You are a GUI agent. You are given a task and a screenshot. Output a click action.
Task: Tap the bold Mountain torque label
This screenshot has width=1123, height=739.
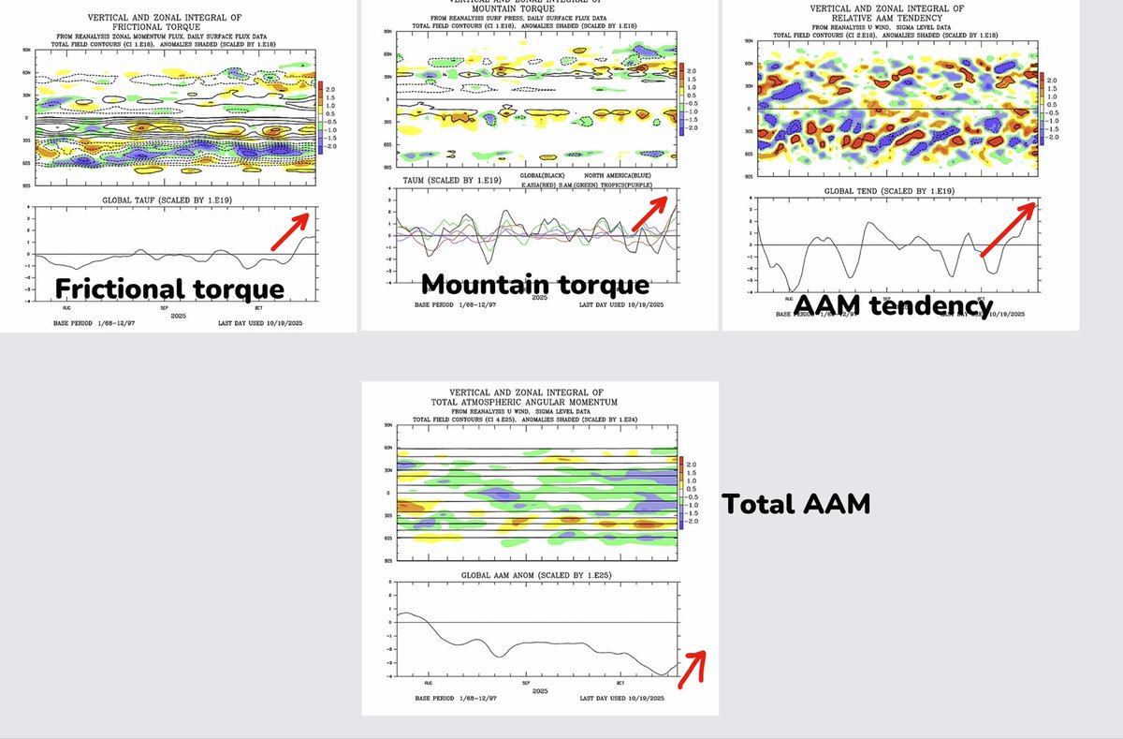pos(534,284)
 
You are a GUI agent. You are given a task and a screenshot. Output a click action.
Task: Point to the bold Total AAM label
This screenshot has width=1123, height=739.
pos(795,504)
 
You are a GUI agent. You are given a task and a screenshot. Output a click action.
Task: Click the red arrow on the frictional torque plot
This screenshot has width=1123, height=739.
pos(290,230)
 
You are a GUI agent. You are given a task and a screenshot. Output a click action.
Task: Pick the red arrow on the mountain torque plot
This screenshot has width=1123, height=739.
pos(649,213)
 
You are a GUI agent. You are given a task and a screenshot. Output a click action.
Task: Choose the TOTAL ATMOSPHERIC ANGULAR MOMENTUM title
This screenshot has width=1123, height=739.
pos(540,400)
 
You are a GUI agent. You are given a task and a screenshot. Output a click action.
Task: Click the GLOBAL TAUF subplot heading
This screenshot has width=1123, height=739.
pos(156,200)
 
